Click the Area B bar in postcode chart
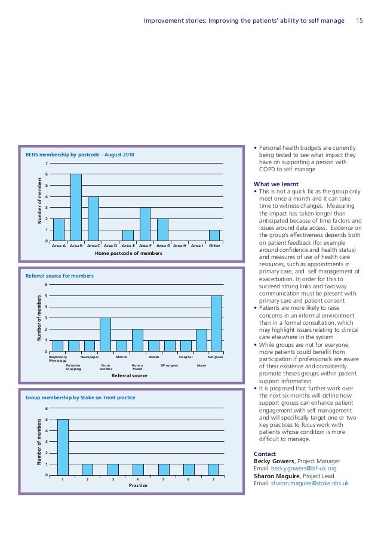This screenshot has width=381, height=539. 76,208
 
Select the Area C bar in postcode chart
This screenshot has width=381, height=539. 93,218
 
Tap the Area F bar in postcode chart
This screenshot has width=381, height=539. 145,224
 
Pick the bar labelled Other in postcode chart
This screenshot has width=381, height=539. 214,236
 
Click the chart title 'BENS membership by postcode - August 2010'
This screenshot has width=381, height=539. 80,155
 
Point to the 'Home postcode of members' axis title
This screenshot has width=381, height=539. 128,254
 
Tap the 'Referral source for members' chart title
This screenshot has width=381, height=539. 60,276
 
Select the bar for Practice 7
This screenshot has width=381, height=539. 214,469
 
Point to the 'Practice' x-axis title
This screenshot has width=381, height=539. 138,486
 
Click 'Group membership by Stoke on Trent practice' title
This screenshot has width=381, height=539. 81,398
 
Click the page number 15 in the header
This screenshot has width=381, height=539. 360,21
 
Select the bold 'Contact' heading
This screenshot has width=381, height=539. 265,454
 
